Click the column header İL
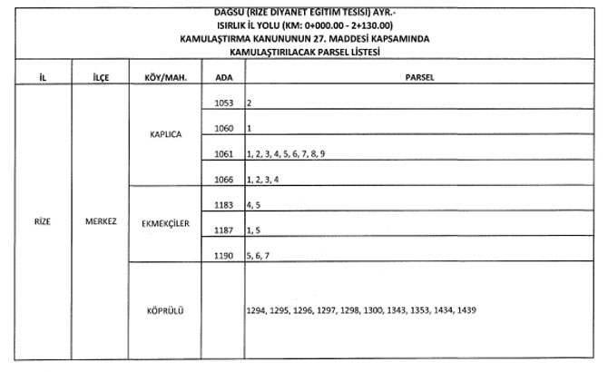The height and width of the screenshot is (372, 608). (x=43, y=77)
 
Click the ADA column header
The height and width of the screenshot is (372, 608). (x=223, y=77)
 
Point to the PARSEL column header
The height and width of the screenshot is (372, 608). (x=418, y=77)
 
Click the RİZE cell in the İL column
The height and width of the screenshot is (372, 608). (x=43, y=220)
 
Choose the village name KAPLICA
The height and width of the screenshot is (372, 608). (x=165, y=134)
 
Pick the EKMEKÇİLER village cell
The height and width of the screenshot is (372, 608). (x=165, y=224)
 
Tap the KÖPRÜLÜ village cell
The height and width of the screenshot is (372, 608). (x=165, y=310)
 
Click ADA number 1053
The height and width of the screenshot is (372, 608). (x=224, y=103)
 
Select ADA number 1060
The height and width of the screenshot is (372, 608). (x=224, y=129)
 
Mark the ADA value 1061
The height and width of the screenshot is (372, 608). (x=224, y=155)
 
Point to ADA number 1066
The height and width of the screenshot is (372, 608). (x=224, y=180)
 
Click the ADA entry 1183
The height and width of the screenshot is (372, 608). (x=224, y=206)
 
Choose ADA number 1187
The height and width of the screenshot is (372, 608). (x=224, y=231)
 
